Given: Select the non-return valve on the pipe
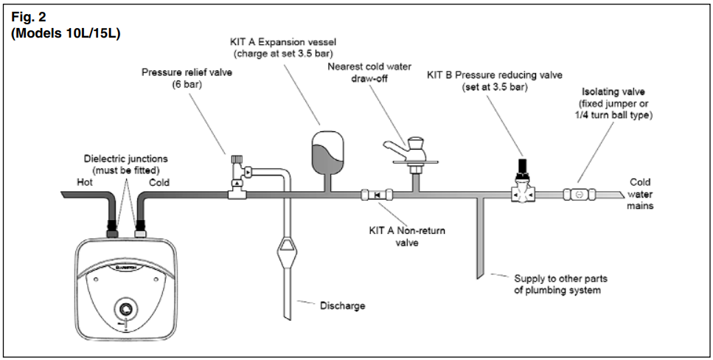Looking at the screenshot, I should point(375,195).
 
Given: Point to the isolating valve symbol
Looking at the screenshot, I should point(579,195).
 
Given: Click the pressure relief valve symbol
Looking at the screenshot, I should point(239,180).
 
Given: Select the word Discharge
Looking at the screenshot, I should point(342,305).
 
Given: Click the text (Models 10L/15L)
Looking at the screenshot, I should point(66,33).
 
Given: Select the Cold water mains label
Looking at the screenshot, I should point(640,194).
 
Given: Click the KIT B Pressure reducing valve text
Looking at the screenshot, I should point(494,75).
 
